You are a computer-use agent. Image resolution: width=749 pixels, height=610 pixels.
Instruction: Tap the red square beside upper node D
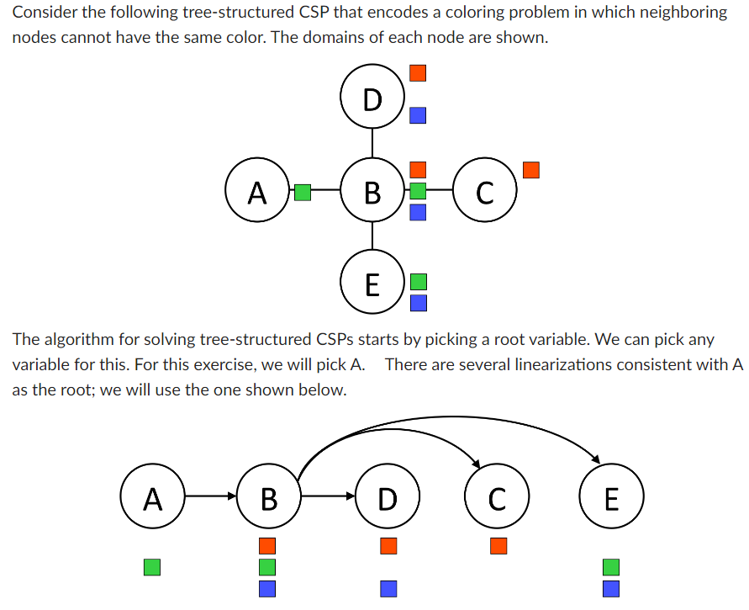[x=418, y=73]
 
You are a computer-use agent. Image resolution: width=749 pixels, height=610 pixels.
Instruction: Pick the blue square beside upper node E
[x=418, y=301]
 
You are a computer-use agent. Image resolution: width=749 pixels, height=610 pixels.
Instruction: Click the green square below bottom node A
[x=152, y=566]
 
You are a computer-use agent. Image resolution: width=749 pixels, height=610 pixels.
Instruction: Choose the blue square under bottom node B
[x=267, y=588]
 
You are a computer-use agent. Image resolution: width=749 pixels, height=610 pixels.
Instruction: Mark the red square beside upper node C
[x=530, y=170]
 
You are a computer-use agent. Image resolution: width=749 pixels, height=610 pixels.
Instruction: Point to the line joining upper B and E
[x=372, y=236]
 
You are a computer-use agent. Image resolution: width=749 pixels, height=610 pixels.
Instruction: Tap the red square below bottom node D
[x=388, y=546]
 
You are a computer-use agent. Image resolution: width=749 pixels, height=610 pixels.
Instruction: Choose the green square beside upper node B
[x=418, y=191]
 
